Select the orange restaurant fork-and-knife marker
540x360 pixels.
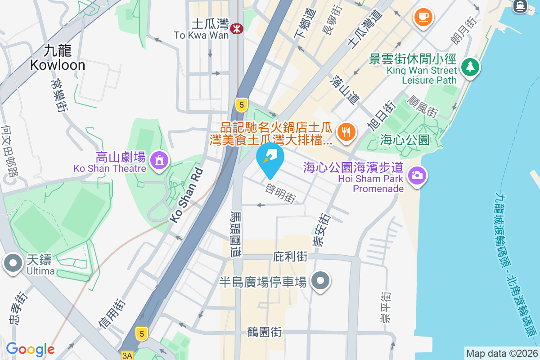tap(346, 132)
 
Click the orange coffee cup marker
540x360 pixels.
tap(423, 17)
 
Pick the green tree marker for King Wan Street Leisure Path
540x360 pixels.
tap(470, 67)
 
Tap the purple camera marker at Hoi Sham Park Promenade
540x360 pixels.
tap(417, 175)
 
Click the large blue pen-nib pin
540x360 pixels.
tap(270, 157)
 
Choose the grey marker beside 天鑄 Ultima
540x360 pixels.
tap(13, 262)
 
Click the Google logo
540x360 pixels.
tap(30, 349)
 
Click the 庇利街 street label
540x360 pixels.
tap(290, 257)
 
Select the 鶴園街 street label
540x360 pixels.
tap(265, 332)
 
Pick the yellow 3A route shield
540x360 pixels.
tap(127, 355)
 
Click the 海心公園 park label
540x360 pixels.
tap(405, 139)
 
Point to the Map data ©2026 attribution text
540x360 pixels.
tap(502, 353)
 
